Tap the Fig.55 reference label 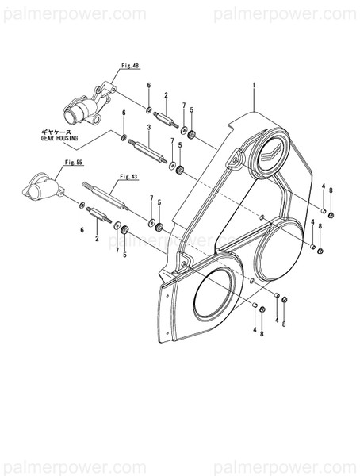tap(75, 162)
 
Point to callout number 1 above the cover tap(254, 84)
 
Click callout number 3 tap(149, 128)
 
